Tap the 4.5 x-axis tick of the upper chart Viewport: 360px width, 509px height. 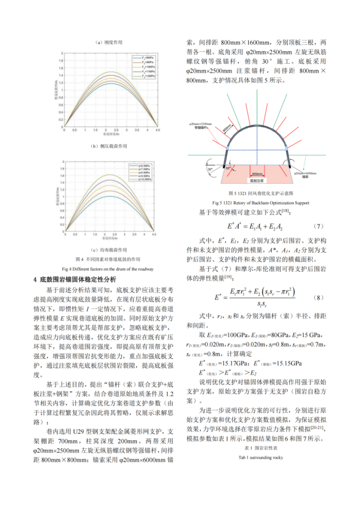coord(159,130)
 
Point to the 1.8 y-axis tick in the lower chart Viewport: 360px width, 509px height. coord(63,167)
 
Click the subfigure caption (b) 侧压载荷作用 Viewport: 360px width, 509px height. coord(108,146)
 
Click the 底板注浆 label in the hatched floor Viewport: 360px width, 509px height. coord(257,180)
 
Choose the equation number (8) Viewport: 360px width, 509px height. coord(318,297)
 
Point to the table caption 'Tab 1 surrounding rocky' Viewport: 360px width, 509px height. coord(260,457)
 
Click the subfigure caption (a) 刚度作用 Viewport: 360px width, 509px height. coord(108,42)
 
